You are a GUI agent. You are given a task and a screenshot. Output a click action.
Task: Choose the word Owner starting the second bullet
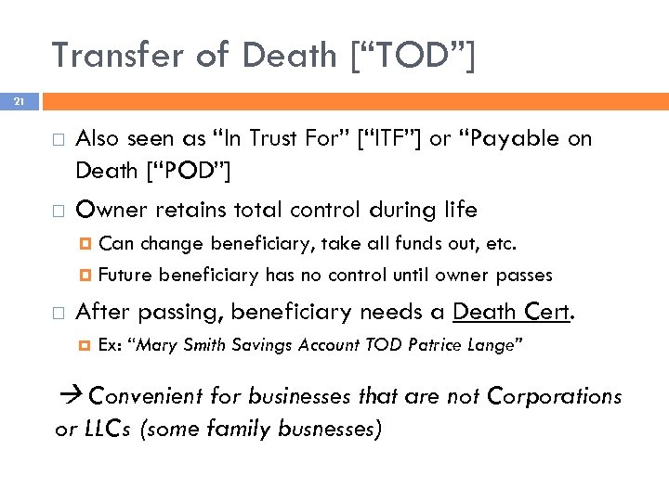(107, 210)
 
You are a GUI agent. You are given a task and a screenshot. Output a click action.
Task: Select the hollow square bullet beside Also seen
(59, 140)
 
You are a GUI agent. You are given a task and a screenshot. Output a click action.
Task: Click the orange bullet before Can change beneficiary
(85, 245)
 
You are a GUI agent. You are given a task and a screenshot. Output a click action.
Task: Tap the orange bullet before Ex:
(85, 345)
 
